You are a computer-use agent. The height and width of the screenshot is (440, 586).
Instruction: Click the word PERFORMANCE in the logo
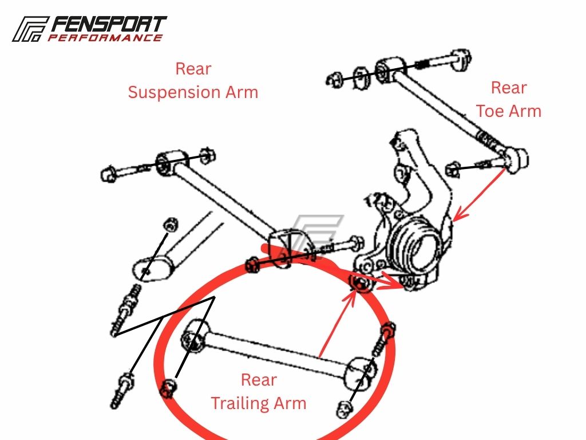pos(105,37)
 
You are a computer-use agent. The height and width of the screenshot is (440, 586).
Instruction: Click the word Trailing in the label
pos(240,403)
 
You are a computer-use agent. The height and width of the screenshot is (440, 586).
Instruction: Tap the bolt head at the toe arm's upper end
pos(460,59)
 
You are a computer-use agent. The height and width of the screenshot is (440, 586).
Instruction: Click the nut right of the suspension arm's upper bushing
pos(207,156)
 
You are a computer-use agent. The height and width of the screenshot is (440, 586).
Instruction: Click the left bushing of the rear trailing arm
pos(195,336)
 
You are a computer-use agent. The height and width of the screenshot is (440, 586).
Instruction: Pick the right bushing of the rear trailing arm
pos(359,374)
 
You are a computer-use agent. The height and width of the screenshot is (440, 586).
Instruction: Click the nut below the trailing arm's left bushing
pos(168,389)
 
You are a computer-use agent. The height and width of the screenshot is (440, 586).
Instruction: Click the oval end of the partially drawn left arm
pos(152,269)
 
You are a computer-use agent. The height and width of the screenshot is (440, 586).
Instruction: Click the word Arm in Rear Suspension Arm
pos(241,92)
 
